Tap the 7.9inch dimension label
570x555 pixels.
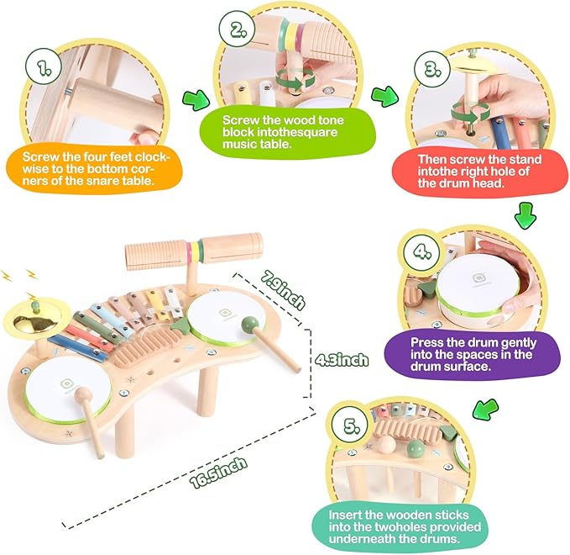280,289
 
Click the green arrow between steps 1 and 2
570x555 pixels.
196,101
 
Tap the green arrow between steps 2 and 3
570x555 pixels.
384,94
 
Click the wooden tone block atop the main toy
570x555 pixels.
193,248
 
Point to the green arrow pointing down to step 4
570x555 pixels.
526,215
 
